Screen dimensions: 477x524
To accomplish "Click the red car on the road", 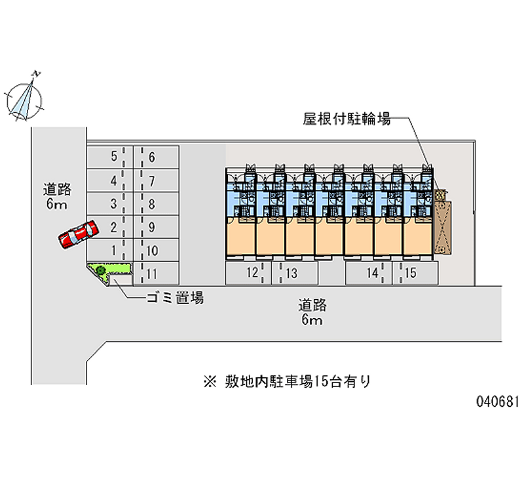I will [x=77, y=234].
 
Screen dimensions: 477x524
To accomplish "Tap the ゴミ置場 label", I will [x=174, y=298].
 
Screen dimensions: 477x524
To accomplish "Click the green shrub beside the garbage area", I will [x=101, y=269].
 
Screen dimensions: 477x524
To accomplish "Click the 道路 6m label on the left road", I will [x=57, y=197].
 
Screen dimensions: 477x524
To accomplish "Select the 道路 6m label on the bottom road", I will [x=312, y=312].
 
